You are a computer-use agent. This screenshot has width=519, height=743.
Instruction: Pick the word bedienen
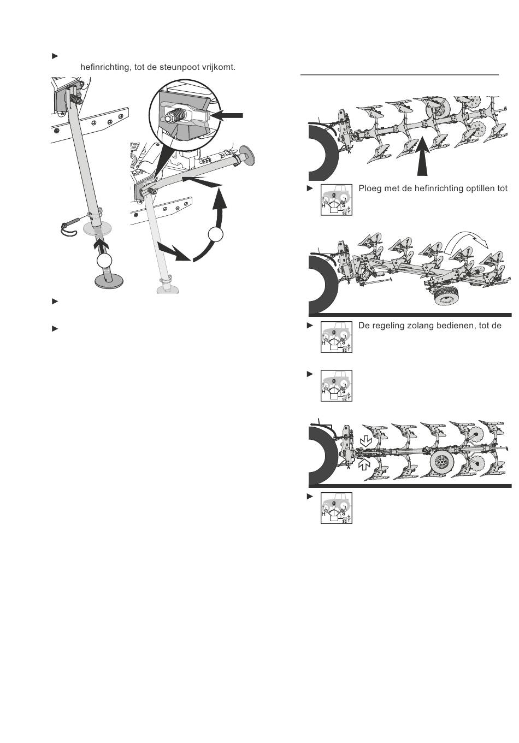(456, 326)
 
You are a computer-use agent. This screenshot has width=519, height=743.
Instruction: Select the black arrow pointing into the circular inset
(227, 115)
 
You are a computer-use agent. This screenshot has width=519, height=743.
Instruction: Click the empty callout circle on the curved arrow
(216, 234)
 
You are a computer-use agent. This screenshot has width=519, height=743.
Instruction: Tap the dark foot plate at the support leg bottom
(109, 281)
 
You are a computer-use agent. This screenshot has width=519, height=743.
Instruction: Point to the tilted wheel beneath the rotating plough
(446, 296)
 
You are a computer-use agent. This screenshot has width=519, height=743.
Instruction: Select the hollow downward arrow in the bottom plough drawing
(365, 441)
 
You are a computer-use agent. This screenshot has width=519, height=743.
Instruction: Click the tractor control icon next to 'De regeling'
(337, 337)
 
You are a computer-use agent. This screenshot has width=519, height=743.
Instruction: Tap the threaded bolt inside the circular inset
(175, 115)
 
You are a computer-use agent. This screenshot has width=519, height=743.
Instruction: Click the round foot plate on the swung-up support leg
(247, 154)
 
